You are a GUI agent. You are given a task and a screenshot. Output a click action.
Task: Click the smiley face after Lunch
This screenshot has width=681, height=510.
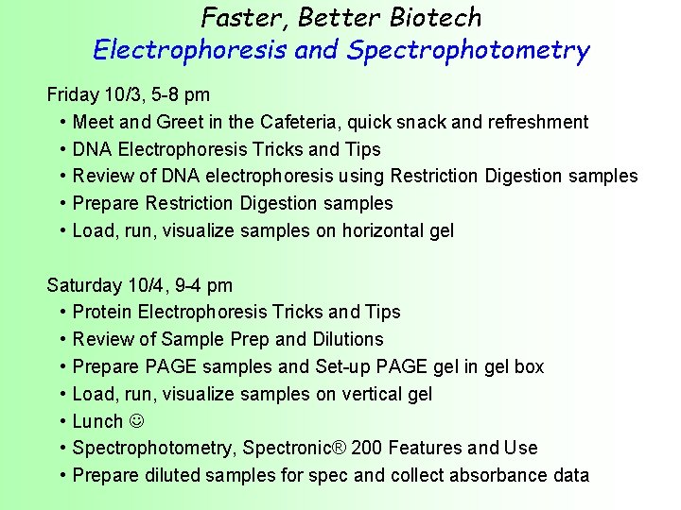pyautogui.click(x=136, y=421)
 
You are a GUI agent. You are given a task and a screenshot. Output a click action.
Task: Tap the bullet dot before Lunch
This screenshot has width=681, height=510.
pyautogui.click(x=61, y=421)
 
